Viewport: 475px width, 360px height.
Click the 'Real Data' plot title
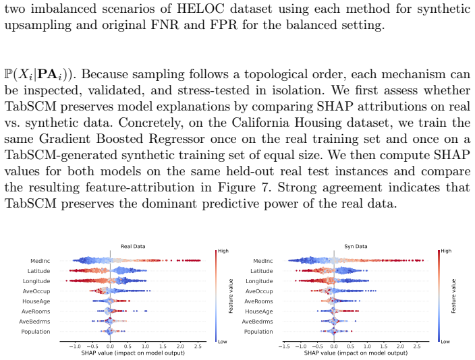click(x=133, y=247)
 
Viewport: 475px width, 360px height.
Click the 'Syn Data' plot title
click(x=356, y=247)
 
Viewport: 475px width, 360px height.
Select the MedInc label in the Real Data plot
click(x=40, y=261)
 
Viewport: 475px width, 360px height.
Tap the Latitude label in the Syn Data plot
click(x=261, y=271)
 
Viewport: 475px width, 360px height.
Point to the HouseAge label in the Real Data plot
click(x=36, y=301)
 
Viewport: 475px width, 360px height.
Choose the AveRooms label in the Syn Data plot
click(x=258, y=301)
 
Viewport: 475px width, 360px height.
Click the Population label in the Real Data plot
click(x=36, y=332)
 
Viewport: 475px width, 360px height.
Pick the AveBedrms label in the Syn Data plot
click(x=257, y=322)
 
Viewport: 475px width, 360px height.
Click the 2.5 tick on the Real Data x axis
click(x=198, y=347)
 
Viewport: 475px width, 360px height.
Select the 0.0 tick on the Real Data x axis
click(x=110, y=347)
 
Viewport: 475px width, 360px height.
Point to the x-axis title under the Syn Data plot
click(x=356, y=353)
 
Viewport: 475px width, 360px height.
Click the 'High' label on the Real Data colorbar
click(x=223, y=251)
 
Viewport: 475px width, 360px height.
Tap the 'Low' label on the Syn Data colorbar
click(x=445, y=342)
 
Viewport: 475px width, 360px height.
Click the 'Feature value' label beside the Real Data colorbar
click(x=231, y=296)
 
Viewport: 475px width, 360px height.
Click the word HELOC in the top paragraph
click(x=200, y=9)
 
